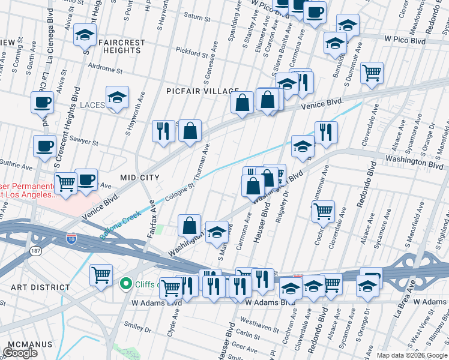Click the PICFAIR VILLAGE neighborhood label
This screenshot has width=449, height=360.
tap(202, 91)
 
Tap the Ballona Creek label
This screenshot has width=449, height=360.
tap(120, 224)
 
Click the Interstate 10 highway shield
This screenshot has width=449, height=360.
tap(71, 238)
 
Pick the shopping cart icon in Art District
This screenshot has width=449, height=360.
tap(101, 274)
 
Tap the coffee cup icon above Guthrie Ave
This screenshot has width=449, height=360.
tap(44, 146)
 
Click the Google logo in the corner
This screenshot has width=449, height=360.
tap(20, 353)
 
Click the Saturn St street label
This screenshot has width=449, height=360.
tap(194, 32)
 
